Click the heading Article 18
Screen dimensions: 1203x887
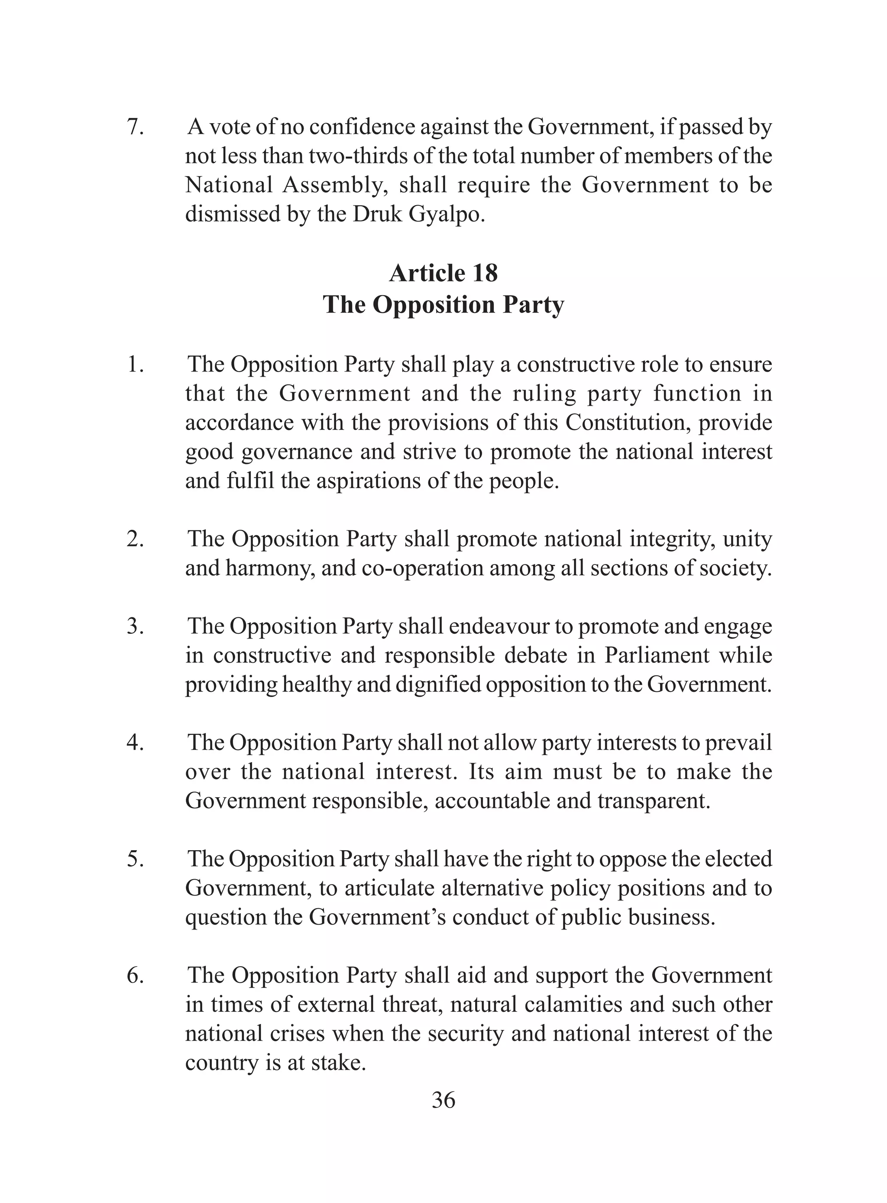click(x=443, y=273)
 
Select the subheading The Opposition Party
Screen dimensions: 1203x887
click(x=443, y=305)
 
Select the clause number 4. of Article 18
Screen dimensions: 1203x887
click(x=135, y=743)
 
